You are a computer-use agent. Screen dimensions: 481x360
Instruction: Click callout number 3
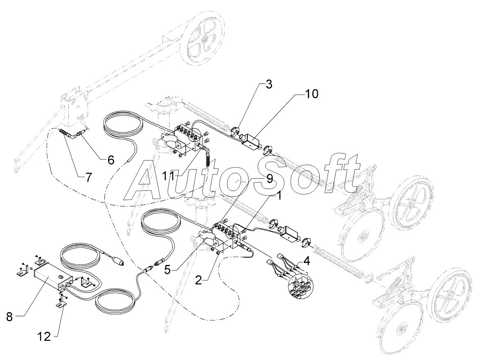click(x=268, y=85)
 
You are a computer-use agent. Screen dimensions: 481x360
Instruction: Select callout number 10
click(x=311, y=94)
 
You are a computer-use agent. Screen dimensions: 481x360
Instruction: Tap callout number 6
click(x=111, y=159)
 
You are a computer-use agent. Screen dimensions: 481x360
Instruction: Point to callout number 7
click(x=88, y=177)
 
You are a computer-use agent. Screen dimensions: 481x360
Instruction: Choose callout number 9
click(x=268, y=179)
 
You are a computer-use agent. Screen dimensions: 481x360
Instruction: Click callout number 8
click(x=9, y=316)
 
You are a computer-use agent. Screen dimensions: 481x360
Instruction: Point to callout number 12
click(x=44, y=336)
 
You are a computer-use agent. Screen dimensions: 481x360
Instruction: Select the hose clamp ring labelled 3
click(x=234, y=131)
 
